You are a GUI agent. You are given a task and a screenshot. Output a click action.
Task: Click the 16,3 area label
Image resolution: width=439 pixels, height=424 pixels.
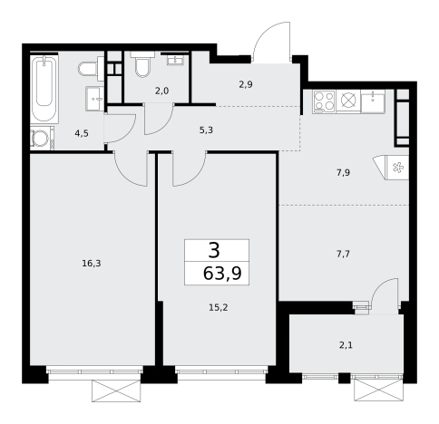coord(92,264)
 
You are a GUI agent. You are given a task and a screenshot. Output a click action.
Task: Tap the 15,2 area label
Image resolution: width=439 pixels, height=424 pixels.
coord(219,307)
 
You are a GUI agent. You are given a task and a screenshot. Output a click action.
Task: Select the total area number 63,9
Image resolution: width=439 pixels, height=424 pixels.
coord(222,274)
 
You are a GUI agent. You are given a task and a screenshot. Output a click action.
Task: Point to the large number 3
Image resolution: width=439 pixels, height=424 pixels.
coord(214,251)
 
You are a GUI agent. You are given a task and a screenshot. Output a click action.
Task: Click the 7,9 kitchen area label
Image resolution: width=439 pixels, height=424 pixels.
coord(343,173)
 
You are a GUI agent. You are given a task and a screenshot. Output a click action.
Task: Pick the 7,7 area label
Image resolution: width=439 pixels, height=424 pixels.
coord(343,255)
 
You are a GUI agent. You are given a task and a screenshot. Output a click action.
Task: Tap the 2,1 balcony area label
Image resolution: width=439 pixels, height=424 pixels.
coord(346,345)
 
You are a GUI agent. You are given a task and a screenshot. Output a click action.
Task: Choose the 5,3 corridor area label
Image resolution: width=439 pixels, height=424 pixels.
coord(206,130)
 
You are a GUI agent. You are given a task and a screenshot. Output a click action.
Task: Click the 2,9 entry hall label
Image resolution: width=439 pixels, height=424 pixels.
coord(246,84)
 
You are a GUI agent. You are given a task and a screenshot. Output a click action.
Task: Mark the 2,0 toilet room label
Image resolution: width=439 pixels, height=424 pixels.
coord(161,91)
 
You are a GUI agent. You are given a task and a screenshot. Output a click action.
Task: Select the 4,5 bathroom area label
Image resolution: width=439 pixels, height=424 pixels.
coord(82,133)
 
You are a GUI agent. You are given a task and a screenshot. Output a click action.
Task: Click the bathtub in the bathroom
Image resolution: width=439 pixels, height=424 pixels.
coord(44,89)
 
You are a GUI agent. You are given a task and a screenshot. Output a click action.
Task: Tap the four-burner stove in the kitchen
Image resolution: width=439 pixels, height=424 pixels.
coord(324,101)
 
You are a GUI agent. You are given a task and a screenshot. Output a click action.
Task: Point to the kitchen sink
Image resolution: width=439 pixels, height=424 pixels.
coord(373,101)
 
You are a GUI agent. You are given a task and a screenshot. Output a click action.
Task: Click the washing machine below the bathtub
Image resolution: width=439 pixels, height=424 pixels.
coord(41,138)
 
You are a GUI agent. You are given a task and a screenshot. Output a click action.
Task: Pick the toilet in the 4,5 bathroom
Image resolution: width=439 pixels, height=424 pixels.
coord(91,69)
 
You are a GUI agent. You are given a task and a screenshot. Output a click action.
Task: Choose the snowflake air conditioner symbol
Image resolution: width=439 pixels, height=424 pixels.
coord(397,168)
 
